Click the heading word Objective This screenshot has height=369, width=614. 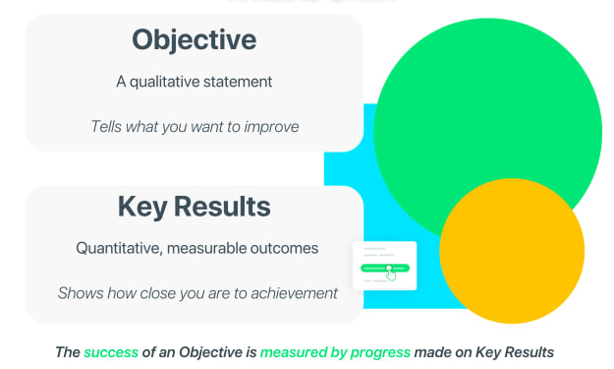click(195, 40)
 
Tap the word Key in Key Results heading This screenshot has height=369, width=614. click(142, 208)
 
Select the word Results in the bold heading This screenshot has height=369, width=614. click(222, 207)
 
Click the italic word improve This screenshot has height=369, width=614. click(271, 127)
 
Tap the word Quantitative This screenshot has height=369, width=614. click(119, 249)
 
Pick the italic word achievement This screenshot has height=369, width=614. click(294, 293)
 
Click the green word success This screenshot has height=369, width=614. click(111, 352)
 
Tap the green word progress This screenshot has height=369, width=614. click(380, 352)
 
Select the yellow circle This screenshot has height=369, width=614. click(512, 251)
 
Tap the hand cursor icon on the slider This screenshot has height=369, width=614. click(390, 274)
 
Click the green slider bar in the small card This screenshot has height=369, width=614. click(385, 269)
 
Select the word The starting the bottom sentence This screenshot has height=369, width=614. click(68, 352)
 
